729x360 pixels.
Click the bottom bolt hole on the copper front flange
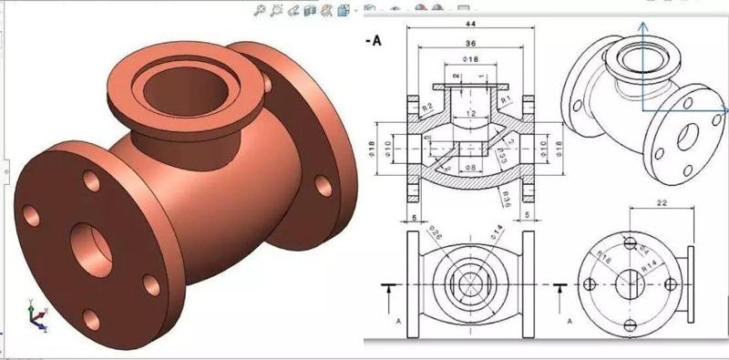tap(90, 318)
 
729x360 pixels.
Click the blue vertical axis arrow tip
tap(643, 27)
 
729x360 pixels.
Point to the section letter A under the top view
tap(398, 321)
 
